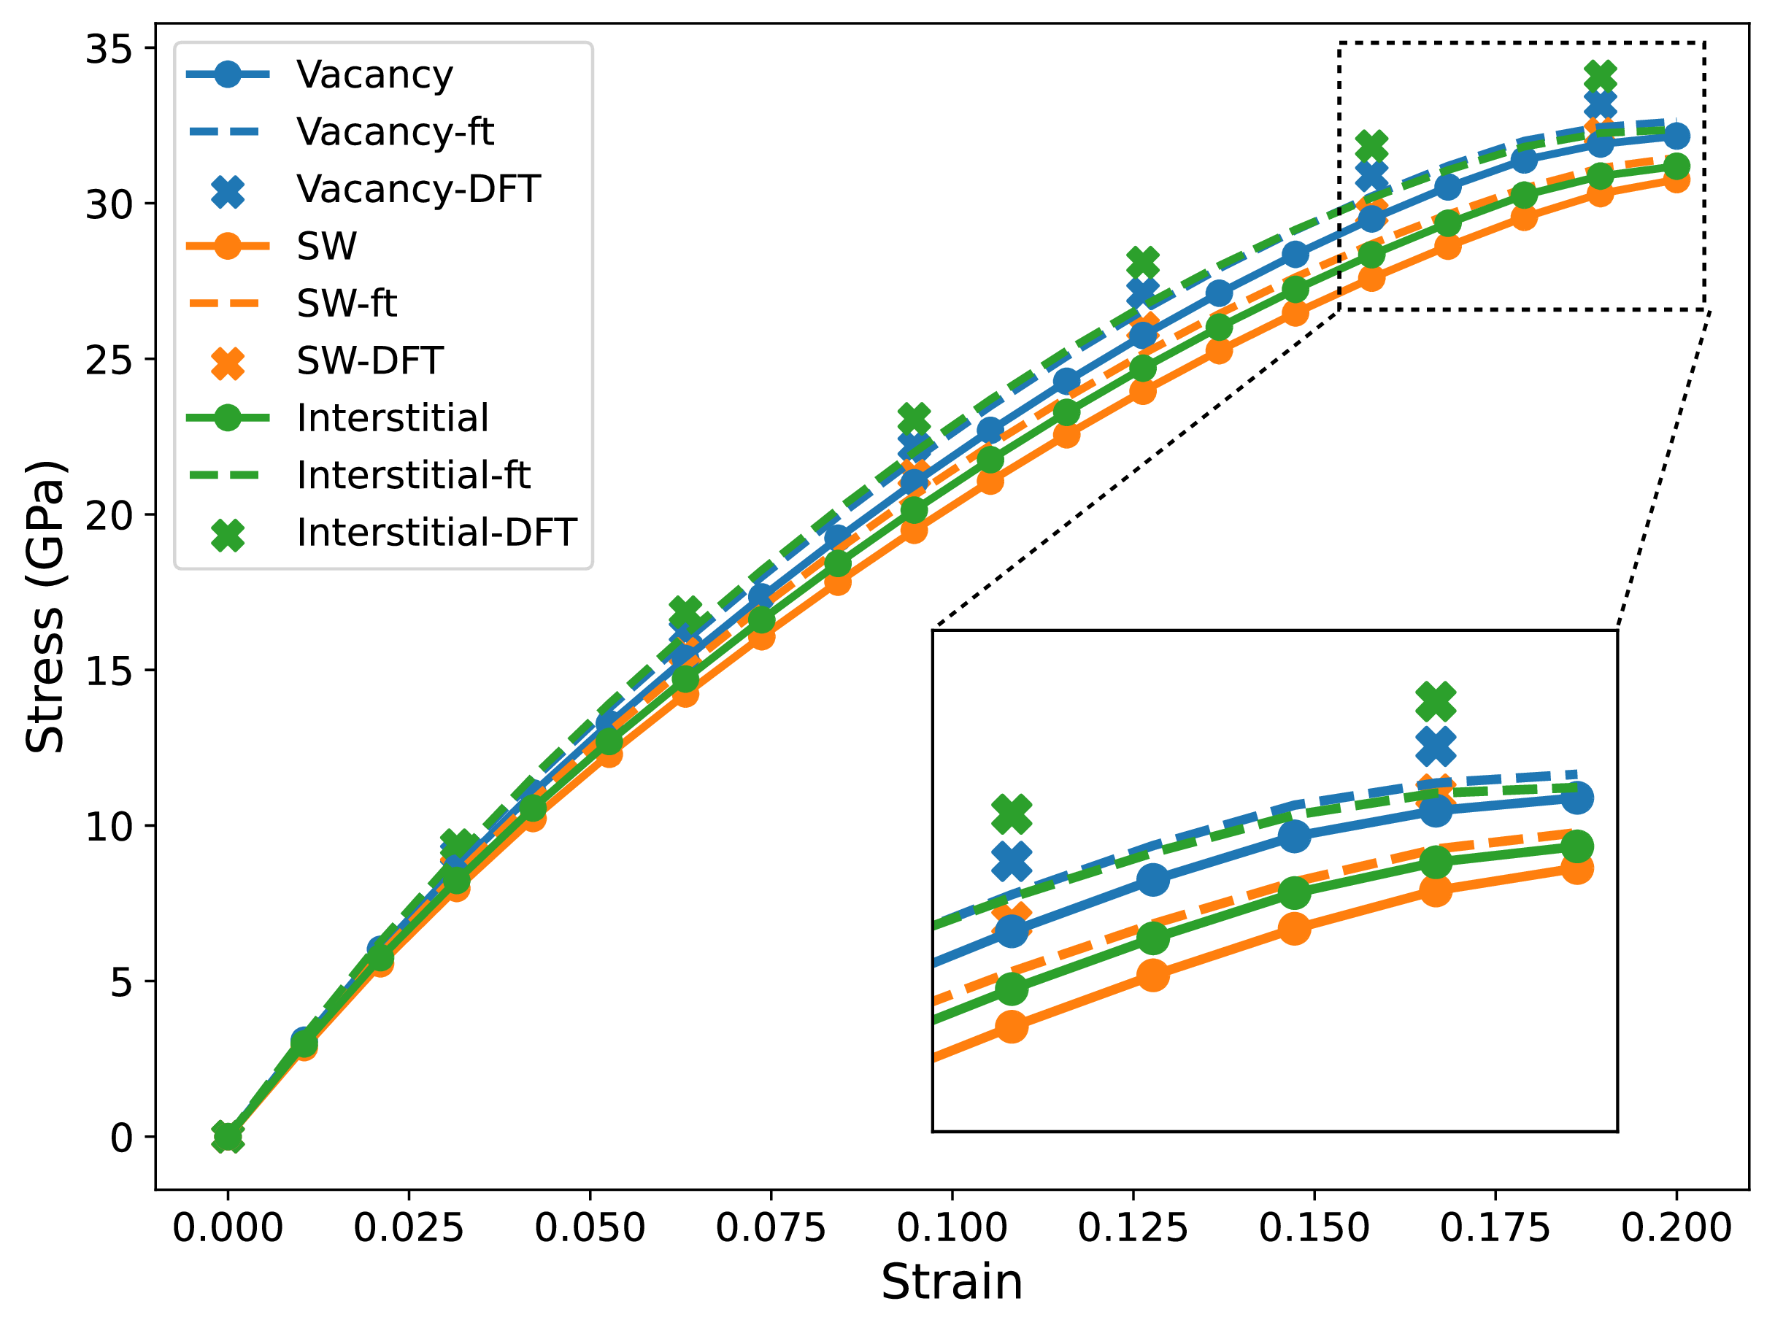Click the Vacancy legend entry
point(374,74)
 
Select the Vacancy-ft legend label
point(394,131)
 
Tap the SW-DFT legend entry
point(369,361)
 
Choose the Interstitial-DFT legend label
point(436,533)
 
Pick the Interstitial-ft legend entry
point(412,475)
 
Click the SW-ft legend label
point(346,304)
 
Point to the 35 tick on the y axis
point(108,50)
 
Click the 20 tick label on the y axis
point(108,515)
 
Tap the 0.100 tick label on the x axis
point(952,1228)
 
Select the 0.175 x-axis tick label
point(1495,1228)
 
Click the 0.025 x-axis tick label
point(409,1228)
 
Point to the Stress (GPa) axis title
point(45,606)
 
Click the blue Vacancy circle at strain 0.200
point(1676,136)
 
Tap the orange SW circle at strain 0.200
point(1676,179)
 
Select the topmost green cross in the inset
point(1436,701)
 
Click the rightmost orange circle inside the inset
point(1576,869)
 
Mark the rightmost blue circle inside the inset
point(1576,798)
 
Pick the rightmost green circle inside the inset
point(1576,846)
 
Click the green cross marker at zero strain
point(228,1137)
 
